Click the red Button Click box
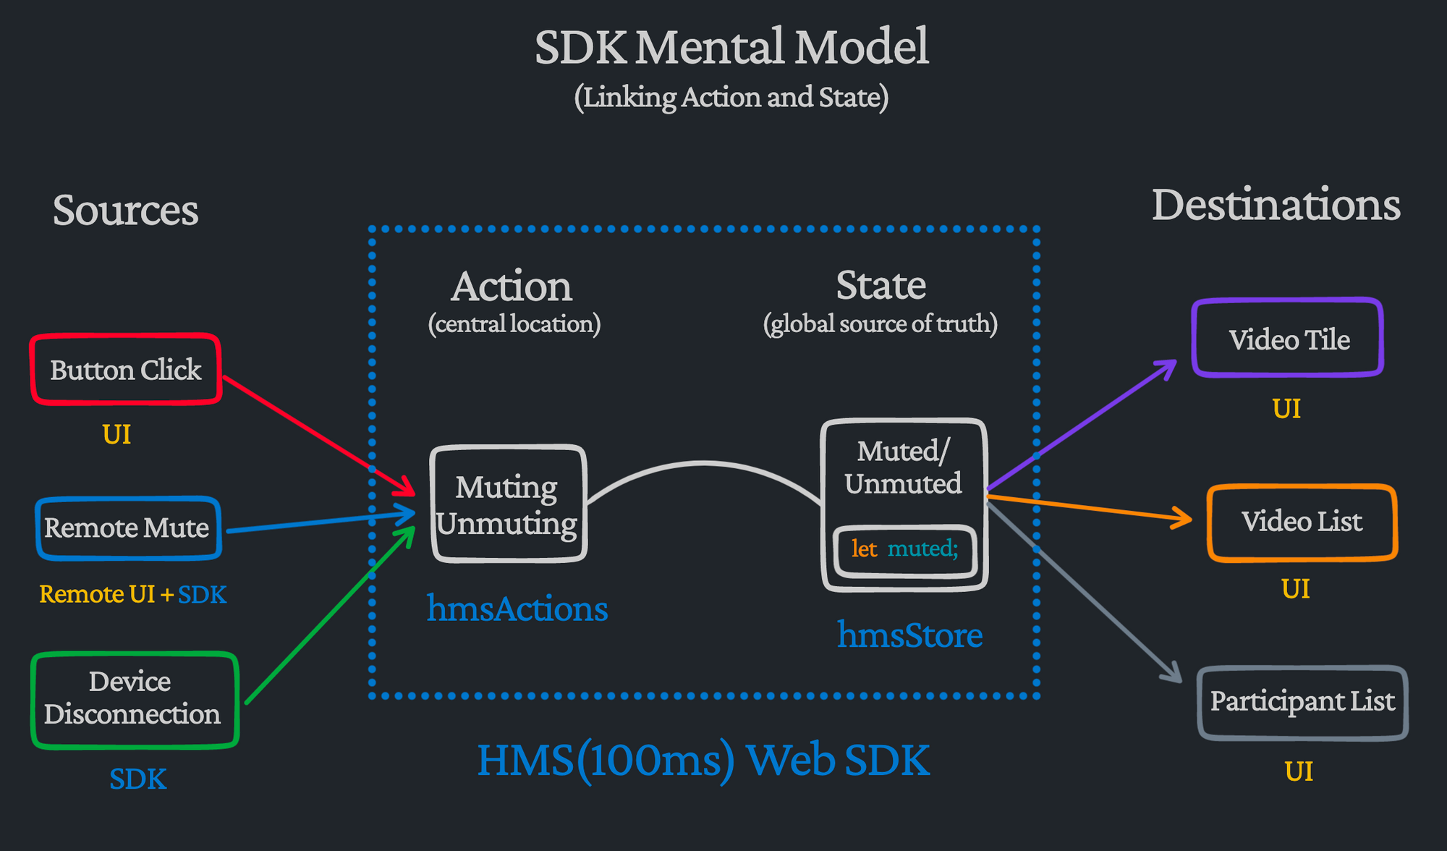pos(126,370)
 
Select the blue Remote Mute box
pos(128,528)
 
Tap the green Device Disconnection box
pos(134,699)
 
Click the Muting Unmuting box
pos(508,504)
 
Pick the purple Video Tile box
pos(1288,339)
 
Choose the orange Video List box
pos(1302,522)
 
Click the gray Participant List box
pos(1302,702)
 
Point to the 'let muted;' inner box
pos(904,550)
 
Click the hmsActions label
pos(517,609)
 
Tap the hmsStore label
pos(909,635)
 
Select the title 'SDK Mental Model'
pos(731,47)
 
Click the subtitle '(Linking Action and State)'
pos(731,97)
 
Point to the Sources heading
pos(125,211)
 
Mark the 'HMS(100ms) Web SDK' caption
pos(703,761)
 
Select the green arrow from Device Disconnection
pos(329,615)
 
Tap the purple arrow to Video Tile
pos(1082,425)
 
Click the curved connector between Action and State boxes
pos(703,464)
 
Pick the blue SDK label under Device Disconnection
pos(137,779)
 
